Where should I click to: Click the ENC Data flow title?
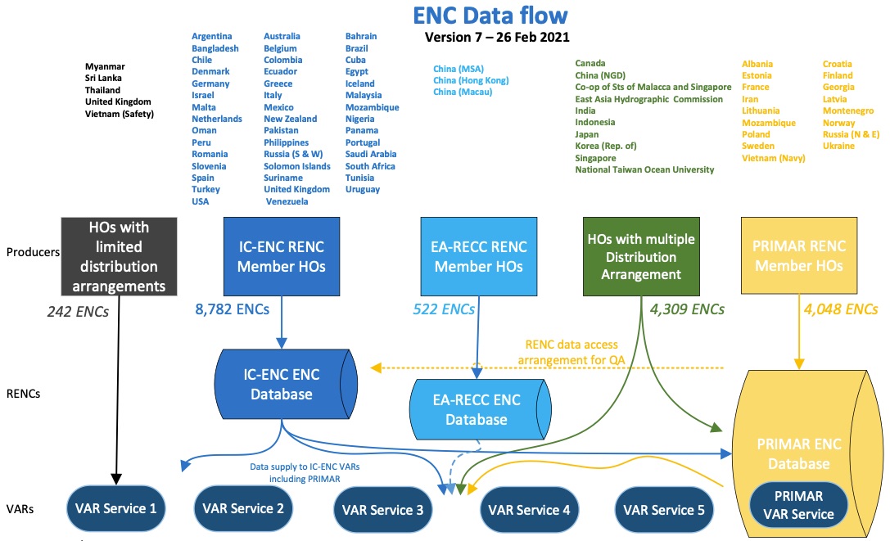(490, 16)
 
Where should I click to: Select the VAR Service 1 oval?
(115, 508)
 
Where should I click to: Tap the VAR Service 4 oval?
(529, 510)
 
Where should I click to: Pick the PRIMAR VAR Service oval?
(798, 505)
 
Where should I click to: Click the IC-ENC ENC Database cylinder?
(286, 385)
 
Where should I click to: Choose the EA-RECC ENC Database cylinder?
(480, 409)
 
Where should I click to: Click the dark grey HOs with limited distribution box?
(120, 256)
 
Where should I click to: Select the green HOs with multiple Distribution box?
(641, 256)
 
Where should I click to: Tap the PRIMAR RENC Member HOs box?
(799, 255)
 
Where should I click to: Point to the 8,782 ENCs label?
(233, 309)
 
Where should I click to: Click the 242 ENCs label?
(78, 312)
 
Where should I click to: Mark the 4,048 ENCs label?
(841, 309)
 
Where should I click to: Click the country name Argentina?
(212, 36)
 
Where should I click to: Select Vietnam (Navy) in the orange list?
(774, 159)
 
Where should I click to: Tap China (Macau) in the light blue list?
(463, 92)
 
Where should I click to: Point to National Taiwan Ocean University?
(645, 169)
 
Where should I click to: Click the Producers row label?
(33, 252)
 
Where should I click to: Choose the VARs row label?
(20, 509)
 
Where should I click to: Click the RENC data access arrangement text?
(571, 353)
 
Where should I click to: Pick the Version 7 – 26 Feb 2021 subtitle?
(497, 38)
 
